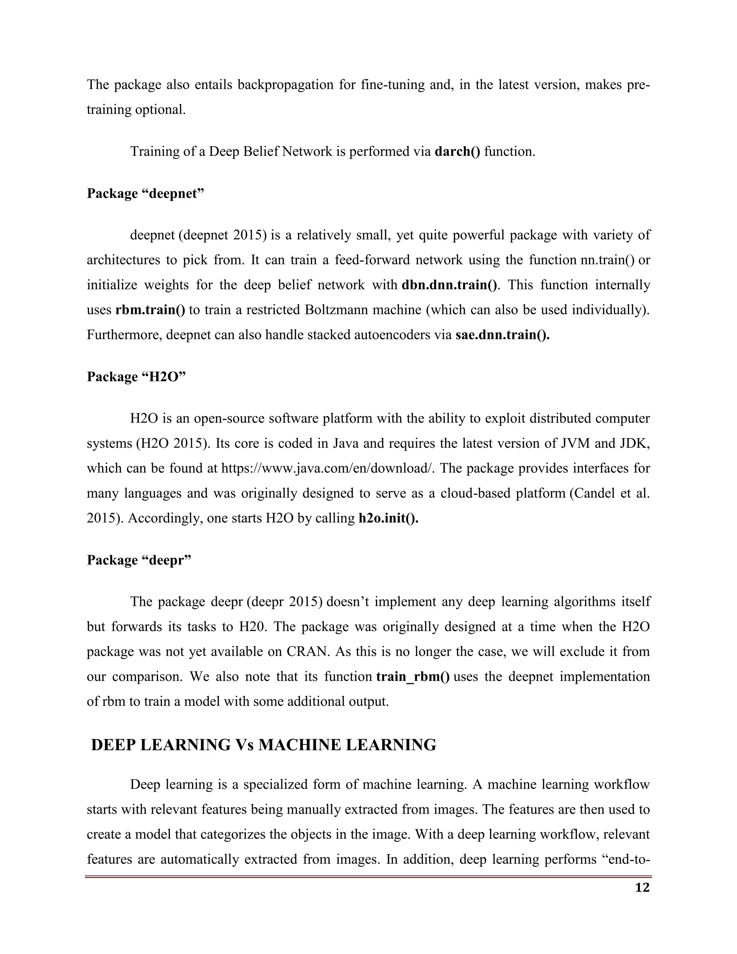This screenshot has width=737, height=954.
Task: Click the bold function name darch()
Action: [x=457, y=152]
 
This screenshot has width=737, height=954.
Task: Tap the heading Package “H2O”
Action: [x=136, y=377]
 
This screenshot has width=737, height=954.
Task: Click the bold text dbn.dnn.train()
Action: [x=449, y=285]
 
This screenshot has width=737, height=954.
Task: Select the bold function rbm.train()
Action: [x=150, y=310]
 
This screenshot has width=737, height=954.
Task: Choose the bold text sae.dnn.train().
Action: [x=502, y=335]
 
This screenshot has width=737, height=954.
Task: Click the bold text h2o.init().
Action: [x=388, y=518]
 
